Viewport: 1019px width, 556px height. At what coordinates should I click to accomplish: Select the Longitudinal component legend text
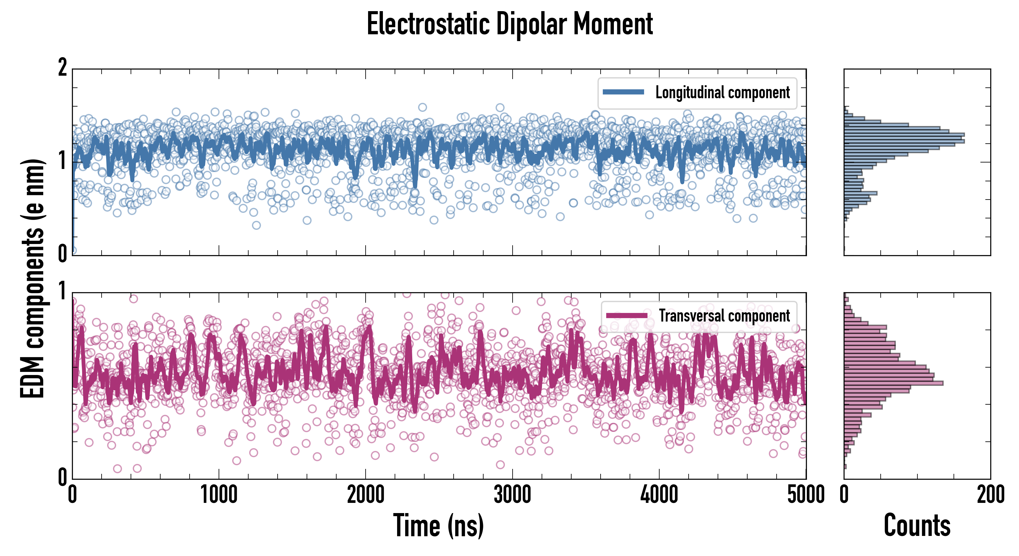(722, 93)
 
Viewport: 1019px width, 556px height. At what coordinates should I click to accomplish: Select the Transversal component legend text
(724, 316)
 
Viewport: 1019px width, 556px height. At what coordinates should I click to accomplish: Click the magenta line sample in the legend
(627, 315)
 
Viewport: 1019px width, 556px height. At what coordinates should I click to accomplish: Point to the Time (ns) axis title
(438, 525)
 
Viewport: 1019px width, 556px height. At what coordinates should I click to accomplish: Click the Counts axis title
(917, 525)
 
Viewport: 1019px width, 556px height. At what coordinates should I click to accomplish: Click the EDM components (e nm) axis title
(32, 279)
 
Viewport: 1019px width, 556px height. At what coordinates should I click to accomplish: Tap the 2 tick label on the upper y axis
(62, 68)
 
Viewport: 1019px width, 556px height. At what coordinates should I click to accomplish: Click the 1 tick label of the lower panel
(62, 292)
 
